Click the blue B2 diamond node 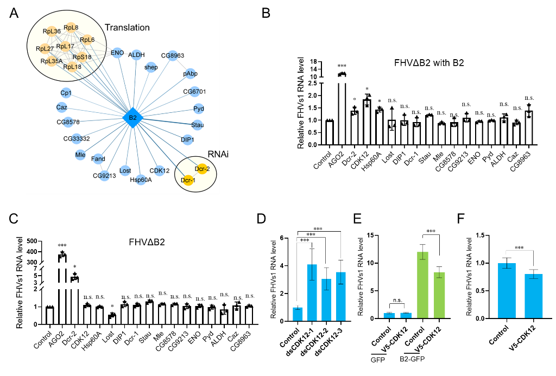pos(132,117)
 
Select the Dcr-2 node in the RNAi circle pos(202,169)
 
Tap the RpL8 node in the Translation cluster pos(71,28)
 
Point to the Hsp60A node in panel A pos(141,180)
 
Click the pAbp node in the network pos(190,74)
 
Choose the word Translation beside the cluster pos(127,28)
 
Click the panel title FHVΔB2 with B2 pos(429,63)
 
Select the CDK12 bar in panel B pos(367,122)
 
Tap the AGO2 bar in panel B pos(342,110)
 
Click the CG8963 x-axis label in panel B pos(521,161)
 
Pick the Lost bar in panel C pos(112,320)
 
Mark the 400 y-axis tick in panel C pos(32,252)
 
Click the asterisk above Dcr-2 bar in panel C pos(74,267)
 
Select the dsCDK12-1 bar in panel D pos(312,293)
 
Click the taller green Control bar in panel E pos(422,285)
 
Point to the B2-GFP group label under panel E pos(412,359)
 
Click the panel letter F pos(460,218)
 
